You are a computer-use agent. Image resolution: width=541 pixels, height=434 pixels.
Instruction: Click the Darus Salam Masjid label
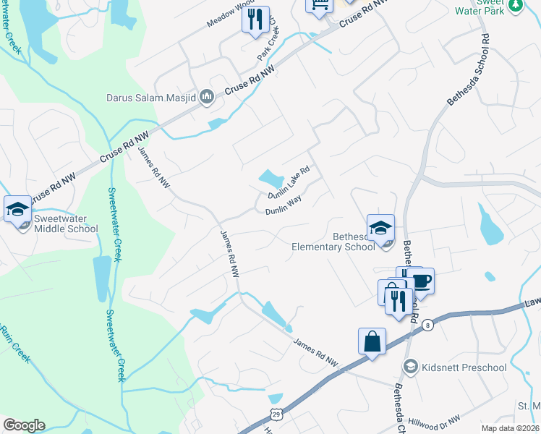150,97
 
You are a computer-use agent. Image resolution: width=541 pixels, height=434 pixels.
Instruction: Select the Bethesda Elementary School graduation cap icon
380,226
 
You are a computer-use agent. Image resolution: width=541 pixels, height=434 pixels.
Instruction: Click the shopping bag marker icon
372,341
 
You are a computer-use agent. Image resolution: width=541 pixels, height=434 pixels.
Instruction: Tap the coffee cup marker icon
421,281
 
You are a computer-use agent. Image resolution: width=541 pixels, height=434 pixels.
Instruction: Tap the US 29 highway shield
276,414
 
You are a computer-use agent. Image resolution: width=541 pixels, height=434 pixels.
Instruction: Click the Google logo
24,425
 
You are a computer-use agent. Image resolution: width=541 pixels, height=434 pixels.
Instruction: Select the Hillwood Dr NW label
435,421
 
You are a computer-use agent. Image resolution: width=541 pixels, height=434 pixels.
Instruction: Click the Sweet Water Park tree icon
515,6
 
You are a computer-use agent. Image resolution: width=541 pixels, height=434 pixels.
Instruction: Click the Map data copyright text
510,428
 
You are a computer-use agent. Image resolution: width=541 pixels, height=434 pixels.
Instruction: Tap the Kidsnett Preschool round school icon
411,367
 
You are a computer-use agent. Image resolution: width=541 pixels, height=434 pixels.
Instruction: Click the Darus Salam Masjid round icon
206,97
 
